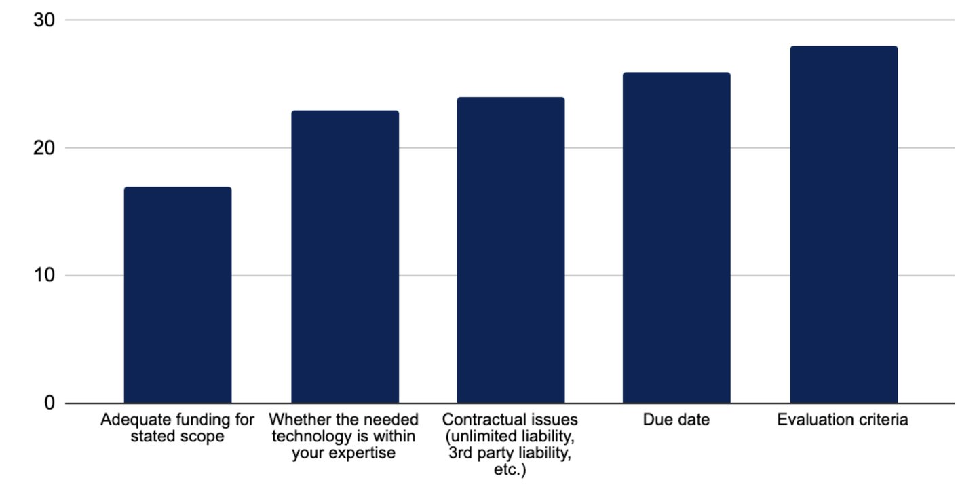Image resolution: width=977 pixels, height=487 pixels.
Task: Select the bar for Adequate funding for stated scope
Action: (178, 295)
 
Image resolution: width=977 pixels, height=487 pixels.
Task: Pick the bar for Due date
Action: (676, 238)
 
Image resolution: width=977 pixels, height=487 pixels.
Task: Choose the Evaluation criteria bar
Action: (843, 224)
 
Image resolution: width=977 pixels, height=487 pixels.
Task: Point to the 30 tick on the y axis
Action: (44, 20)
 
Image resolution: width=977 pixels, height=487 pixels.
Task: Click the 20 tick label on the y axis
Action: (44, 148)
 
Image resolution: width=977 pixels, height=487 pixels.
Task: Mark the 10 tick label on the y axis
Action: (44, 276)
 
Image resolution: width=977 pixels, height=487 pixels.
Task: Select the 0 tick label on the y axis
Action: (50, 403)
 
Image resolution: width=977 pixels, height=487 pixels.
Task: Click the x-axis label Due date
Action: (676, 420)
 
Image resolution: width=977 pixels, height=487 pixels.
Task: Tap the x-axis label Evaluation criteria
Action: (842, 420)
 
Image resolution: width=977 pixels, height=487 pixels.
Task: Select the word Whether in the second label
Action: (299, 420)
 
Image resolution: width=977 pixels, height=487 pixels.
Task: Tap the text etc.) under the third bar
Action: (510, 470)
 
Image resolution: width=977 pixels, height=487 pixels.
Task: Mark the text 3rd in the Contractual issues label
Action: (461, 454)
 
